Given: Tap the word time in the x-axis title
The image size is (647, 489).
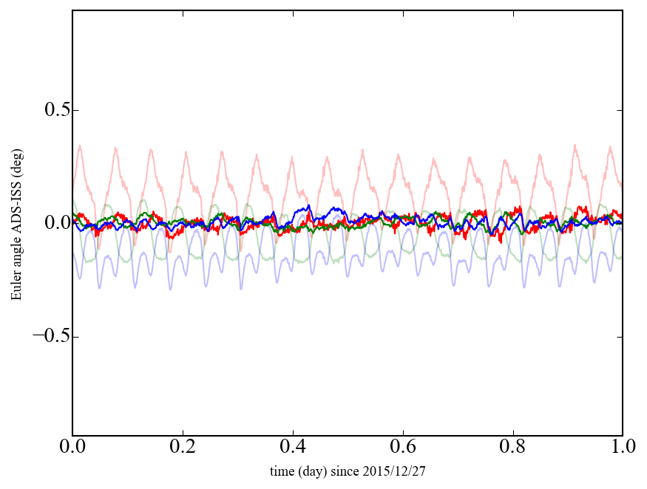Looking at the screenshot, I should [281, 471].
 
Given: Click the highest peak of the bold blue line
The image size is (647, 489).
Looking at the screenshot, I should [308, 205].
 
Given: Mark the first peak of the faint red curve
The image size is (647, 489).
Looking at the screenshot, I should [80, 146].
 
